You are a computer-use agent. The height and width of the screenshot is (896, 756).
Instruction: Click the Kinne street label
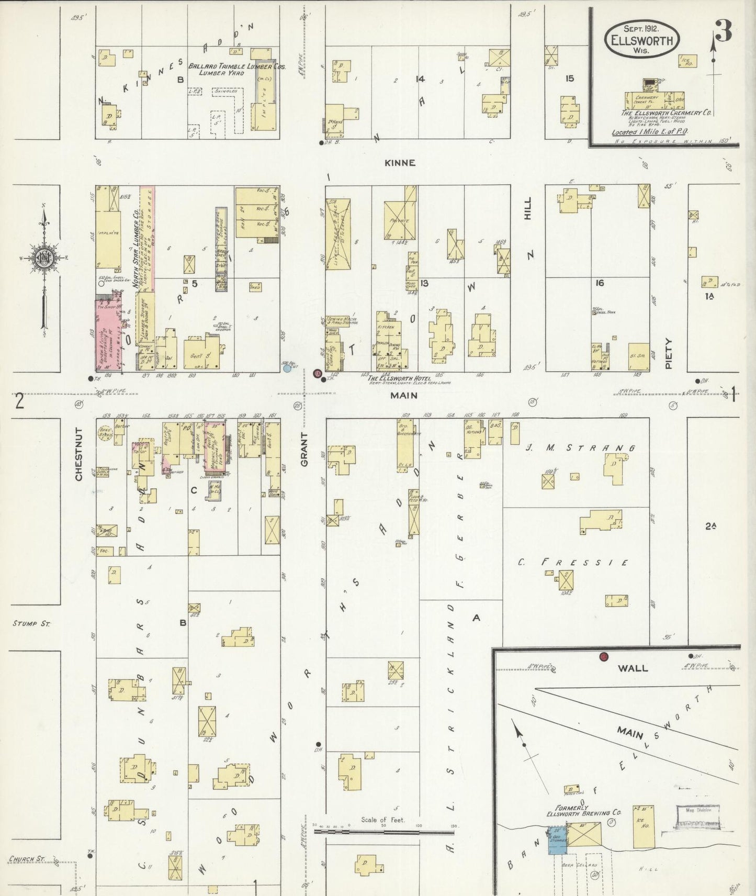click(x=400, y=163)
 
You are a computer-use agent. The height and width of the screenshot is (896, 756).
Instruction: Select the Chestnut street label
click(x=80, y=454)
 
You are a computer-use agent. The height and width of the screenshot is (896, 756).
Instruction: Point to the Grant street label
click(x=304, y=449)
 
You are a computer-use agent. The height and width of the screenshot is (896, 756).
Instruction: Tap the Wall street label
click(x=633, y=668)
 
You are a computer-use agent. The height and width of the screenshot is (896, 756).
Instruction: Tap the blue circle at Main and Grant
click(x=287, y=368)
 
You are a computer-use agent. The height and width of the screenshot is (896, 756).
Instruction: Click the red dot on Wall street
click(x=604, y=656)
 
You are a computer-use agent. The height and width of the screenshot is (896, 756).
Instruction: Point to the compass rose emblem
click(x=44, y=257)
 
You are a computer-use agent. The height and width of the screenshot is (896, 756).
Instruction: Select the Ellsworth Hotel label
click(x=398, y=378)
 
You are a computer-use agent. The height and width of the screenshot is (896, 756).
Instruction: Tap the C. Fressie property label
click(x=573, y=563)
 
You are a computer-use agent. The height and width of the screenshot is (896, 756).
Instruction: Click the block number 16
click(x=600, y=283)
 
